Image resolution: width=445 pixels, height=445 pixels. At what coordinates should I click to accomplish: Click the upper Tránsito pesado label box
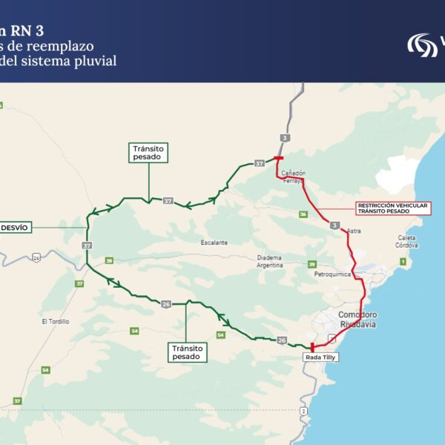tap(148, 153)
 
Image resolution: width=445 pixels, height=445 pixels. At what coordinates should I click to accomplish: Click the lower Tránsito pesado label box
tap(187, 352)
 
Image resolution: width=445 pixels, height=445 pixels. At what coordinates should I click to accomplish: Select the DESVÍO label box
tap(16, 227)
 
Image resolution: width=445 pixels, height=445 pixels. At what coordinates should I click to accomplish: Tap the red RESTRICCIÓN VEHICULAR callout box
tap(392, 208)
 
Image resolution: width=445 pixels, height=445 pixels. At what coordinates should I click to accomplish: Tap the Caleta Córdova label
tap(406, 241)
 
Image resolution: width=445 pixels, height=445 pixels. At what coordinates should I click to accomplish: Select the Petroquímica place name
tap(331, 274)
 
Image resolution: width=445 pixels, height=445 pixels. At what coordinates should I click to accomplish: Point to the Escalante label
tap(214, 243)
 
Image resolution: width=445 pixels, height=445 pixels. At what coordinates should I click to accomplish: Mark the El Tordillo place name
tap(56, 321)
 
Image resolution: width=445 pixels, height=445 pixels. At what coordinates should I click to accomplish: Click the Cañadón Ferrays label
tap(293, 177)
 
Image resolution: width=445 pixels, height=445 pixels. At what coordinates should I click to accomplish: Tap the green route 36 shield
tap(303, 214)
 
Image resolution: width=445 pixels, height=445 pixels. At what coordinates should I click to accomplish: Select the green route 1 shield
tap(403, 261)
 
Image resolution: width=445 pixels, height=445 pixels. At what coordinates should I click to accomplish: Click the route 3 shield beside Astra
tap(335, 225)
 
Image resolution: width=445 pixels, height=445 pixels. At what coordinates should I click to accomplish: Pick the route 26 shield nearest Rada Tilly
tap(281, 340)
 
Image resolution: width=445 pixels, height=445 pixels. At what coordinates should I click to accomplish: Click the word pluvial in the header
tap(92, 62)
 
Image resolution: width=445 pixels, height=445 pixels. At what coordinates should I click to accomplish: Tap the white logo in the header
tap(422, 44)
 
